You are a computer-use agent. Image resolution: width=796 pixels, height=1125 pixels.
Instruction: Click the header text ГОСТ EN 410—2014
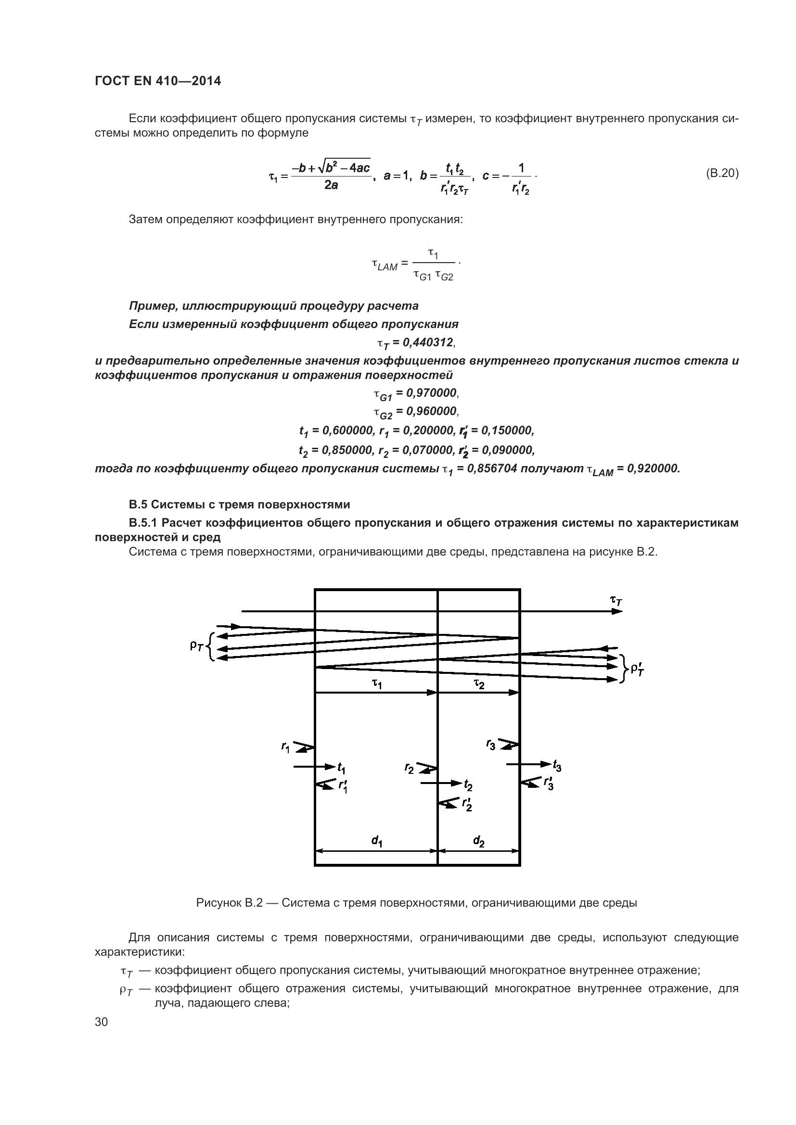tap(157, 81)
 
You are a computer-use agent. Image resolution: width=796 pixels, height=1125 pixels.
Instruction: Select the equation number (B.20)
tap(722, 173)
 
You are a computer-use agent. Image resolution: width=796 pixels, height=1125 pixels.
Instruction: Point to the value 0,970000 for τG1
tap(431, 392)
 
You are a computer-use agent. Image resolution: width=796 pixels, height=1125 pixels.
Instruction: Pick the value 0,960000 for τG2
tap(431, 411)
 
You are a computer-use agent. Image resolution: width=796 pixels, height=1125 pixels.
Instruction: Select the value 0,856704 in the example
tap(492, 469)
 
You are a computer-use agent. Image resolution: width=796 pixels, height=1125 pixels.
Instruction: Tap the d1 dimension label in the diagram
tap(376, 841)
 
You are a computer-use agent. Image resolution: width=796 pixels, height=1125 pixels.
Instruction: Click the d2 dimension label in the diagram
tap(479, 841)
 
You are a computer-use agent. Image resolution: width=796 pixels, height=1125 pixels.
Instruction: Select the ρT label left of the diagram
tap(196, 646)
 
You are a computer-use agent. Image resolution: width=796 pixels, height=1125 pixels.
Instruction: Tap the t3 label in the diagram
tap(557, 765)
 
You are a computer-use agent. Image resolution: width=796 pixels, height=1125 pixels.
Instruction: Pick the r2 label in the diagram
tap(409, 769)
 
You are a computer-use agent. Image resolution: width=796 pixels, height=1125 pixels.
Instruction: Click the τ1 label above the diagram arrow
tap(376, 684)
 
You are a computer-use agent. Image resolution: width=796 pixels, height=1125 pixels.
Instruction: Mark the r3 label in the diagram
tap(490, 745)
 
